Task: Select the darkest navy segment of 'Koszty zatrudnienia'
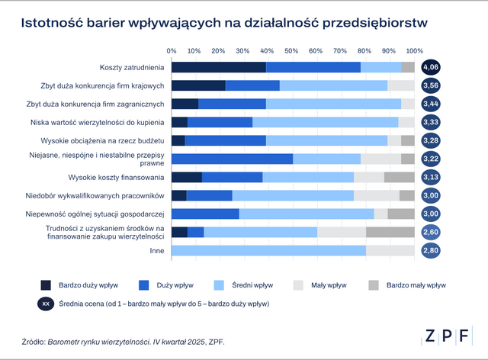click(x=218, y=67)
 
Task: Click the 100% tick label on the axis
click(x=414, y=51)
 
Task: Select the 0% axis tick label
click(x=172, y=51)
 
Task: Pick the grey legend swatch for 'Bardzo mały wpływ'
click(x=374, y=285)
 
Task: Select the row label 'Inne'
click(x=156, y=250)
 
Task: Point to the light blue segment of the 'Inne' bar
click(x=268, y=250)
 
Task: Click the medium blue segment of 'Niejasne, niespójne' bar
click(x=232, y=159)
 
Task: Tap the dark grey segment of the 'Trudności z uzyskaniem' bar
click(x=390, y=232)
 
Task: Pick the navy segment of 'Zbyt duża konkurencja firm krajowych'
click(x=198, y=85)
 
